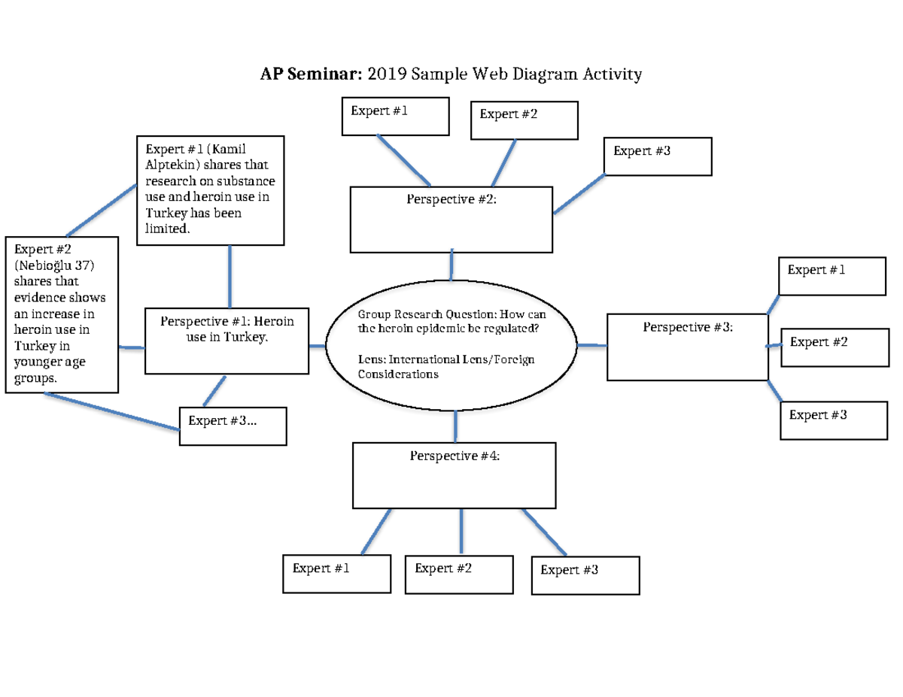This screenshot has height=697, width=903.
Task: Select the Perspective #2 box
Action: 451,220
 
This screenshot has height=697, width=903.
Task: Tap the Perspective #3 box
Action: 687,347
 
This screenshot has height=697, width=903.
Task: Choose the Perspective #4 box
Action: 455,475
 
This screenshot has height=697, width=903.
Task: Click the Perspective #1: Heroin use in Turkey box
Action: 227,341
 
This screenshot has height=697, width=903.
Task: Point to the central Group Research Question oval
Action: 451,345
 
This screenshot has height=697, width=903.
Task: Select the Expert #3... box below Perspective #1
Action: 233,426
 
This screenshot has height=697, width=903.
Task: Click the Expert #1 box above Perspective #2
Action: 395,116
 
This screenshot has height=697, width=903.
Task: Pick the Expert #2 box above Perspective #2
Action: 524,120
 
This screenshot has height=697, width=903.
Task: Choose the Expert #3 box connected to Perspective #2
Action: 658,156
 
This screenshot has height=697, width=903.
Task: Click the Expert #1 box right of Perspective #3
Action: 832,275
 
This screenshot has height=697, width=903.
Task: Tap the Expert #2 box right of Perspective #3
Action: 834,347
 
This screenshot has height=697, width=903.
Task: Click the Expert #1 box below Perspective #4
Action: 336,574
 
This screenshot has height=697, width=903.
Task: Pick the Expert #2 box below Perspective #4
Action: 459,574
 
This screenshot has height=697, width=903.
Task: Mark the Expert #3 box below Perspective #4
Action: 585,575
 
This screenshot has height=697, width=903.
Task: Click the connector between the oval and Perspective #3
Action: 592,345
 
